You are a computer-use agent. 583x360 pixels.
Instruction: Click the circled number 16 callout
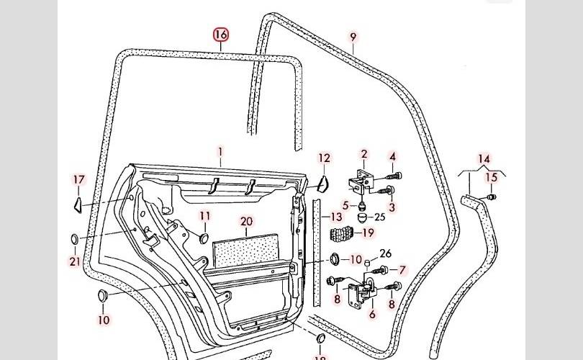point(221,35)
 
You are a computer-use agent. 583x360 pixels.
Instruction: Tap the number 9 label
point(353,37)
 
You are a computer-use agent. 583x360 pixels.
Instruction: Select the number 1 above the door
point(221,152)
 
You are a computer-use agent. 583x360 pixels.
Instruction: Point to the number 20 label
point(246,222)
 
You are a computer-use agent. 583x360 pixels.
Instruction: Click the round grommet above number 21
point(75,238)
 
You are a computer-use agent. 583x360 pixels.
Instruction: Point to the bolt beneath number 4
point(392,176)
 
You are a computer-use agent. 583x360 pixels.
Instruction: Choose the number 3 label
point(392,207)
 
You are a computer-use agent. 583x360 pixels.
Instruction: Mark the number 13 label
point(336,217)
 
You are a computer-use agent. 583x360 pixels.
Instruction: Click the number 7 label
point(402,271)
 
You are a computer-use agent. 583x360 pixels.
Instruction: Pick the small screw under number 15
point(492,196)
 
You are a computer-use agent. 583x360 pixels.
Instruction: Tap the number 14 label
point(484,159)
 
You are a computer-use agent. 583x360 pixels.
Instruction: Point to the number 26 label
point(385,253)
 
